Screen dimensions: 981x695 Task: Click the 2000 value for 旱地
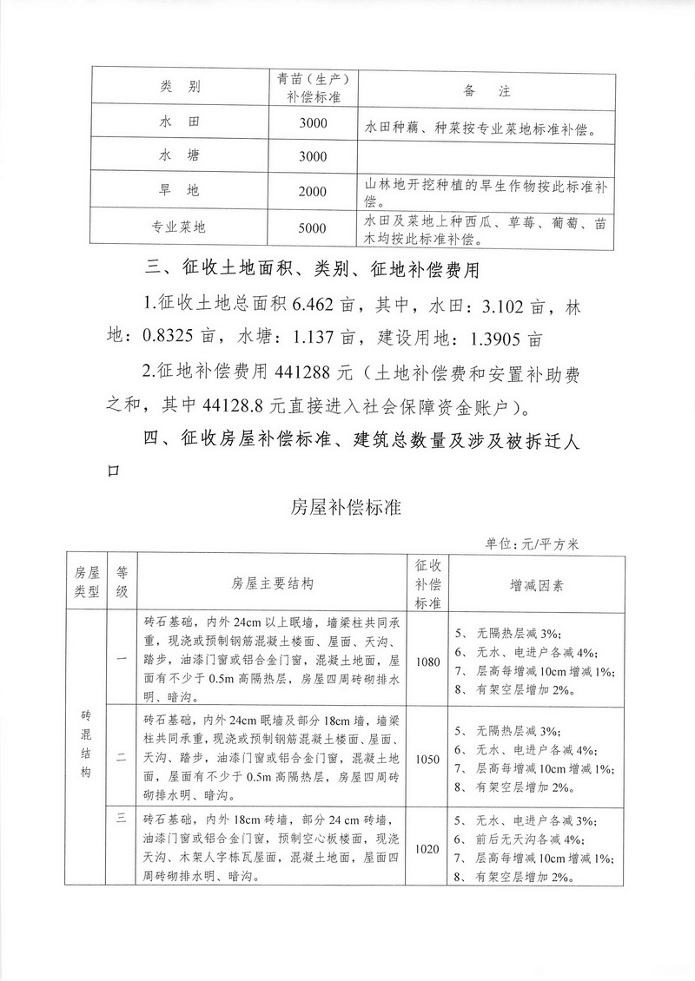coord(312,191)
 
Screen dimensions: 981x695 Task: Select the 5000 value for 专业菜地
coord(312,228)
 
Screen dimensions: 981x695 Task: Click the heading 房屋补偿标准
coord(346,508)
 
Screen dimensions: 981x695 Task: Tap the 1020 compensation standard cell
coord(427,848)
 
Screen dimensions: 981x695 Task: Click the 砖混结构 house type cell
coord(85,749)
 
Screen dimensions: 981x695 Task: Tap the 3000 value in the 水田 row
coord(312,123)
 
